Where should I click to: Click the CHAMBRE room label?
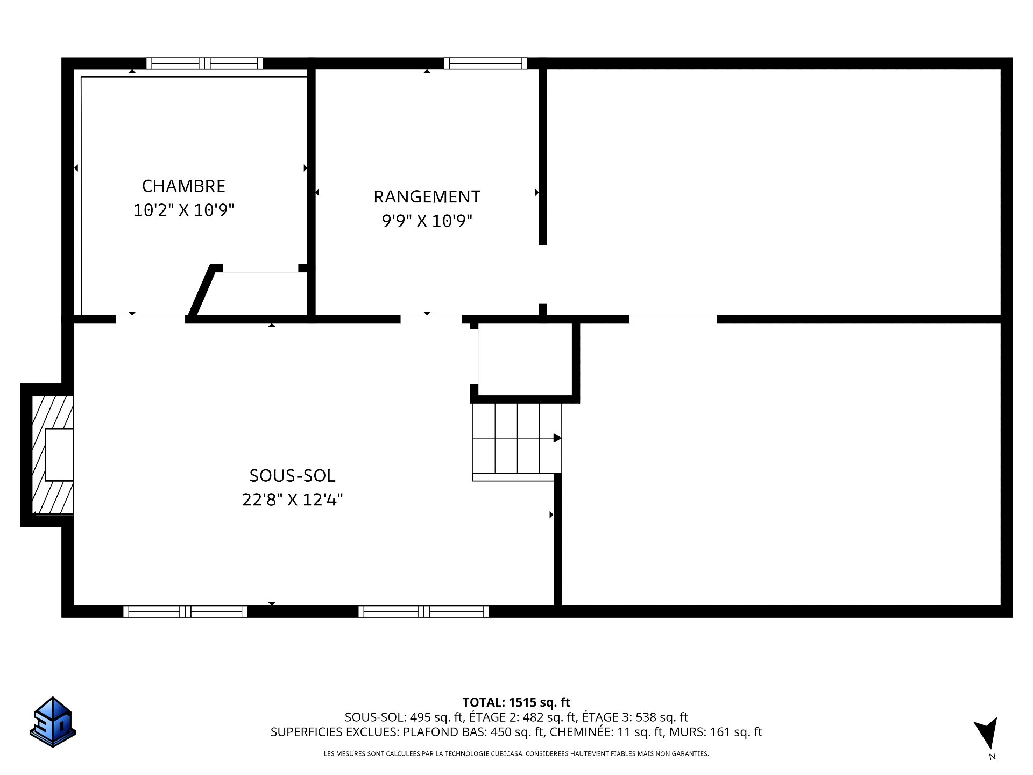(183, 186)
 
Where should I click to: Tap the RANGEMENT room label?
(427, 196)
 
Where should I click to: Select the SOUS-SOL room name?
(292, 475)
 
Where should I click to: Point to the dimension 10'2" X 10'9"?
(183, 210)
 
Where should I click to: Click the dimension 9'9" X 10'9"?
(427, 221)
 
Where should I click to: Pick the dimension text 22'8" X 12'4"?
(292, 499)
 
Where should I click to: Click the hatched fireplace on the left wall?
(52, 455)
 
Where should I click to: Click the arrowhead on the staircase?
(557, 438)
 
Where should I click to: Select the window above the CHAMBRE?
(204, 64)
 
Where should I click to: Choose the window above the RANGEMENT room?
(486, 64)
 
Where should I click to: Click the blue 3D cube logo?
(53, 722)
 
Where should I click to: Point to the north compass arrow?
(987, 733)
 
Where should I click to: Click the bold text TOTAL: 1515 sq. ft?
(516, 702)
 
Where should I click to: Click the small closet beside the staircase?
(525, 359)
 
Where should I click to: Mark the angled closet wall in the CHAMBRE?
(201, 291)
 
